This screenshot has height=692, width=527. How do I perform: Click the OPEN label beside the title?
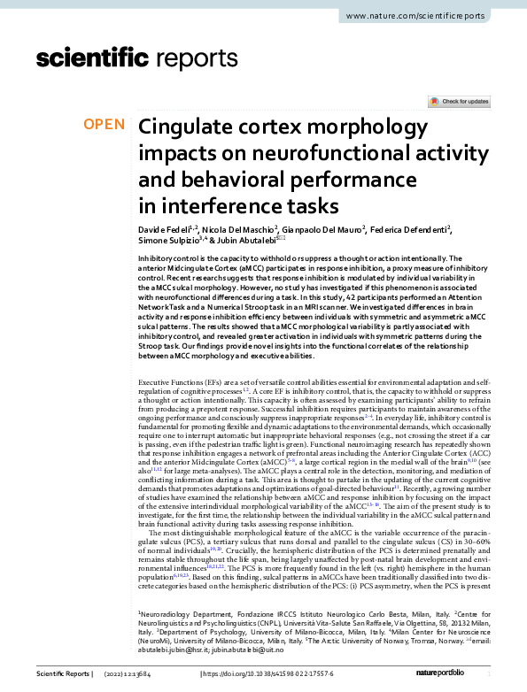(105, 125)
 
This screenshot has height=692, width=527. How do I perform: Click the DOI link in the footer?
(279, 674)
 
